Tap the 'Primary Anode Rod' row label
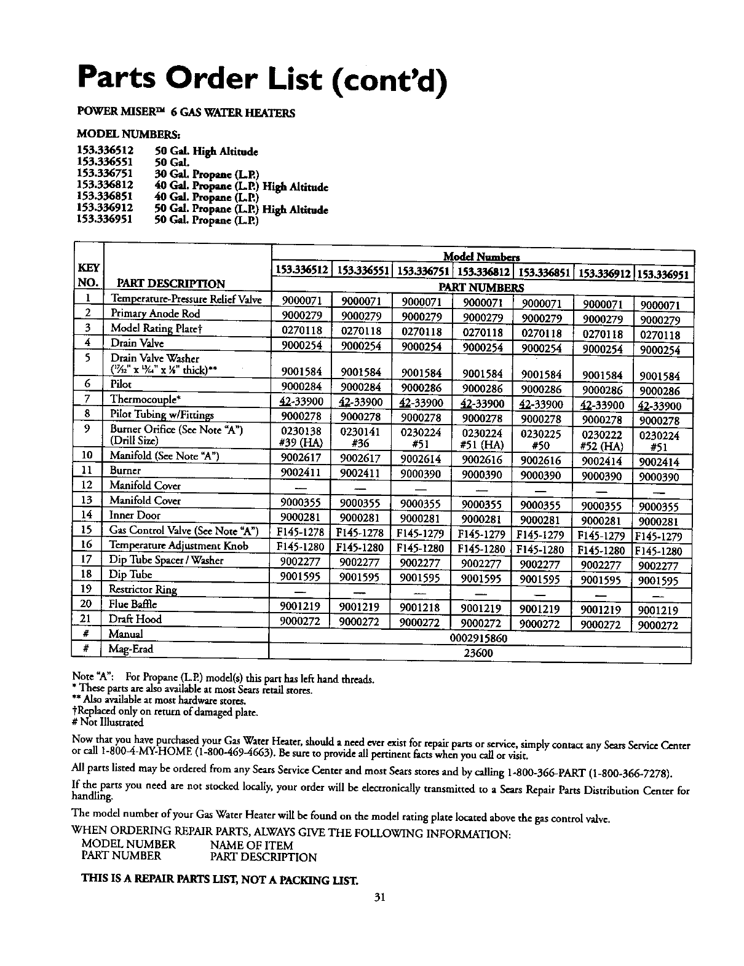(x=155, y=313)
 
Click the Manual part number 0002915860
(x=479, y=638)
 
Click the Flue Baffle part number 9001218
(x=421, y=607)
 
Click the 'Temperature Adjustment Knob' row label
(x=179, y=546)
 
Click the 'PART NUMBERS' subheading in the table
(x=482, y=288)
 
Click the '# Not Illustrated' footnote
(x=108, y=723)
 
